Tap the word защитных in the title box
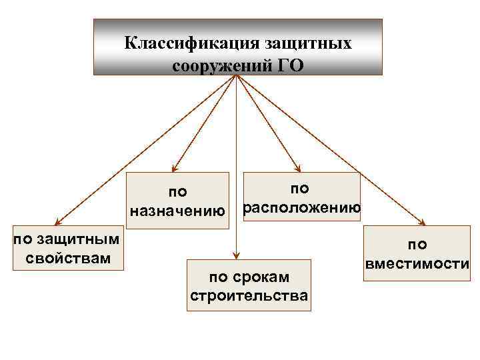point(308,44)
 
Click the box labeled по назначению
point(179,201)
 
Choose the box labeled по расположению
point(301,198)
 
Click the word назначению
point(178,212)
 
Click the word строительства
point(249,295)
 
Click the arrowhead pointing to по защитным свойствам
point(58,223)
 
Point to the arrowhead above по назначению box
point(175,169)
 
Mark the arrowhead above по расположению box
point(298,169)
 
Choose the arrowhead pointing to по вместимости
point(423,223)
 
